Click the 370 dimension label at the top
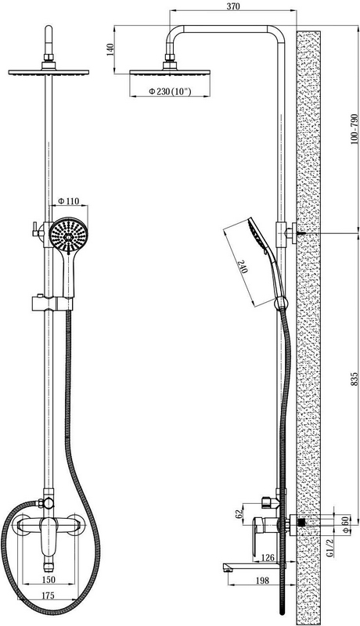(x=233, y=6)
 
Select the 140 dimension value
(x=110, y=49)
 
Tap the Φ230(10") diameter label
(x=170, y=92)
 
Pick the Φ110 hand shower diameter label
(x=69, y=201)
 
